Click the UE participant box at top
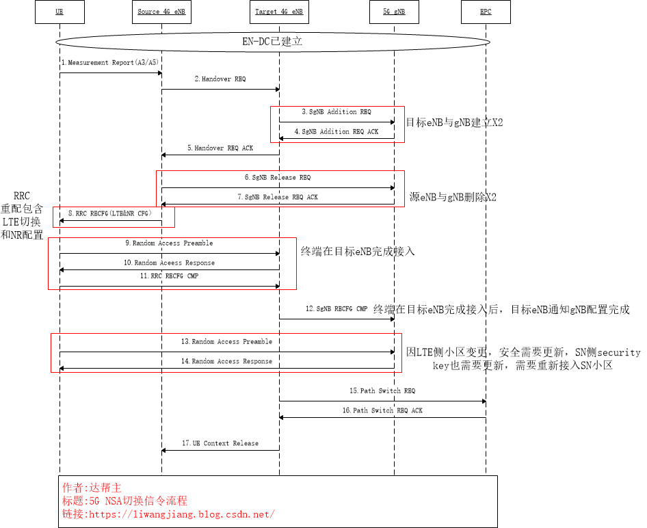[x=59, y=12]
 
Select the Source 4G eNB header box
[x=161, y=12]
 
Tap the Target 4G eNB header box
[x=278, y=12]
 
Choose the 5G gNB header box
[x=395, y=12]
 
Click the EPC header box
[x=486, y=12]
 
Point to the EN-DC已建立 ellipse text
[x=272, y=41]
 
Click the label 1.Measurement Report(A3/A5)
[x=110, y=63]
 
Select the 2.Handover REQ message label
[x=220, y=79]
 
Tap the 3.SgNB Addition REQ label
[x=336, y=111]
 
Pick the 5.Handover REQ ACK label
[x=220, y=148]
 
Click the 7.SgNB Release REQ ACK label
[x=281, y=197]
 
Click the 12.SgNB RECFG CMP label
[x=336, y=309]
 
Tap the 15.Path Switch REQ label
[x=382, y=391]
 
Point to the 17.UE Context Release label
[x=220, y=443]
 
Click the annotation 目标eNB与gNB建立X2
[x=454, y=122]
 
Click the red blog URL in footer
[x=168, y=514]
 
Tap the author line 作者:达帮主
[x=92, y=488]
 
